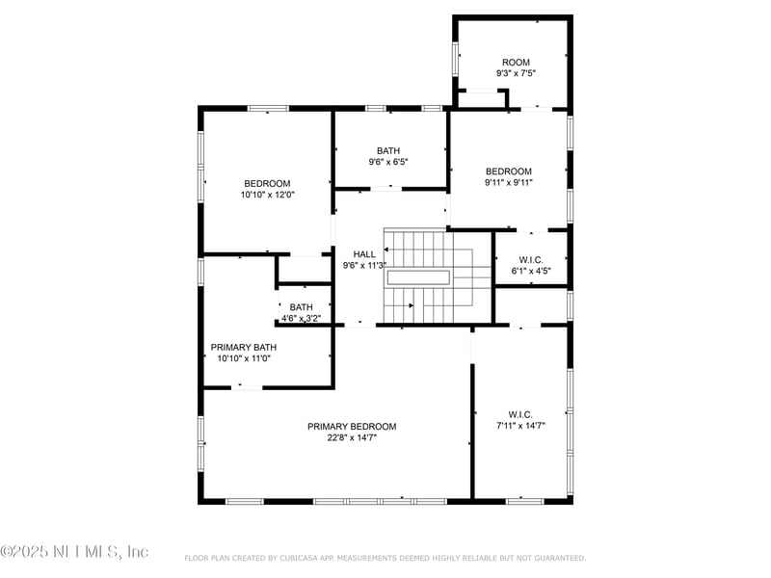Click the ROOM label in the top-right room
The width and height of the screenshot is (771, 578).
click(515, 63)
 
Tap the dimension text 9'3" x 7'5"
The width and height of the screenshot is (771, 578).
click(515, 73)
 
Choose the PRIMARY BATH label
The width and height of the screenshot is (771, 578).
click(244, 347)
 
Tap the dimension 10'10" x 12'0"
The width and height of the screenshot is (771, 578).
click(267, 195)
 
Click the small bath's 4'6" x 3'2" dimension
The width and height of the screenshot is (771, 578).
click(301, 318)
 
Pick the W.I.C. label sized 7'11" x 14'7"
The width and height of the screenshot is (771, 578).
click(521, 413)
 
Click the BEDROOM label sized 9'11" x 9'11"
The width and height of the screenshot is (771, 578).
click(508, 171)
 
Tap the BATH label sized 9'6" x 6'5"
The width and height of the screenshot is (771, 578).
click(388, 150)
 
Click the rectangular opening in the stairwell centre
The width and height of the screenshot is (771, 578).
click(418, 277)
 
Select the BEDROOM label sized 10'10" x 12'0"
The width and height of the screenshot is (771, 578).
click(267, 183)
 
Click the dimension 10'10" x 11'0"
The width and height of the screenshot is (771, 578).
click(244, 358)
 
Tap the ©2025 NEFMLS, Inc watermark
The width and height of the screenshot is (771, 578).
click(74, 552)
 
